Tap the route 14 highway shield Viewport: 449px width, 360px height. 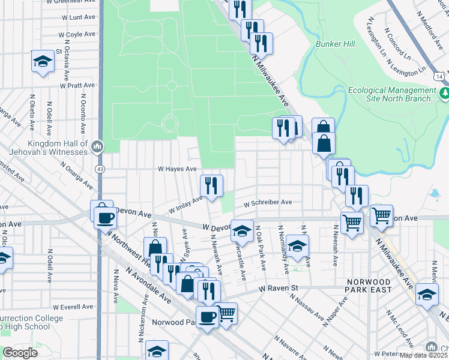[x=440, y=77]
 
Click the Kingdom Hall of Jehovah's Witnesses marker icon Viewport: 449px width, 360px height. [x=97, y=146]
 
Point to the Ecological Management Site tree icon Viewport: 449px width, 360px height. [x=445, y=94]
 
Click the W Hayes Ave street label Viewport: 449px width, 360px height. [x=177, y=170]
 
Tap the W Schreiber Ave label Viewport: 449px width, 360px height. [x=268, y=203]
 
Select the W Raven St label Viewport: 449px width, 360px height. [x=279, y=289]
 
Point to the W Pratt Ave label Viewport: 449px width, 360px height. [x=78, y=86]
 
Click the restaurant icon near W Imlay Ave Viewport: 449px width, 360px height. [x=211, y=185]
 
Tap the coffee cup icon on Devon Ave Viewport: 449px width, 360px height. [x=106, y=217]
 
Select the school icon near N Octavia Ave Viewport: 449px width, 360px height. [x=43, y=61]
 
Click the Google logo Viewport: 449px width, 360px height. [x=20, y=353]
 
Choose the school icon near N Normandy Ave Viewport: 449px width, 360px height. [x=297, y=245]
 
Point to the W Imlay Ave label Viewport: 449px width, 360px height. [x=186, y=205]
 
